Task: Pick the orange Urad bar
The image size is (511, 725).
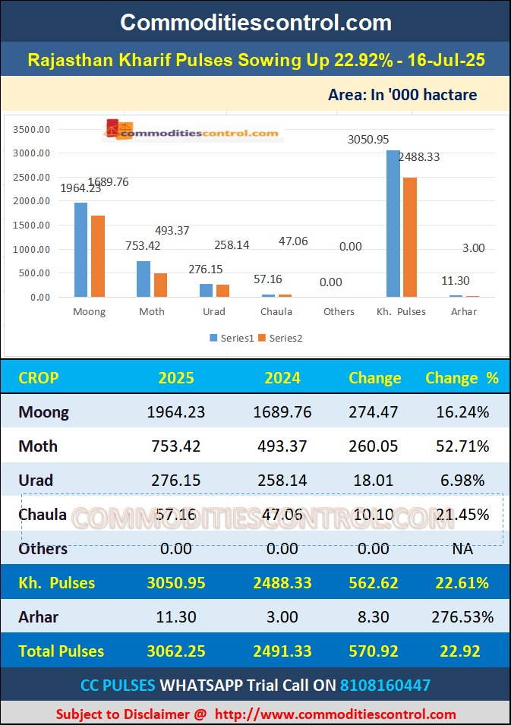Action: [222, 290]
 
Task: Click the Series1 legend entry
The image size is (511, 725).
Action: [232, 338]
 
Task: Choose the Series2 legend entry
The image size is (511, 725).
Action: [280, 338]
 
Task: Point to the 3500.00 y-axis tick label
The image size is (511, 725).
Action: [32, 130]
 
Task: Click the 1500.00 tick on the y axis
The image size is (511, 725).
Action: [32, 225]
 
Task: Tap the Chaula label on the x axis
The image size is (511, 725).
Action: [276, 311]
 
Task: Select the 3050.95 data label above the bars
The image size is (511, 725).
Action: [368, 140]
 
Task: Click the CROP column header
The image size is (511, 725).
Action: [38, 378]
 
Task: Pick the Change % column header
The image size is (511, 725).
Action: [462, 378]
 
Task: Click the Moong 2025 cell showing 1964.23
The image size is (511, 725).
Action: [176, 412]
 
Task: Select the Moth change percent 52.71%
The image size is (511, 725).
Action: [462, 446]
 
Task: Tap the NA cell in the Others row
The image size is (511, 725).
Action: [462, 548]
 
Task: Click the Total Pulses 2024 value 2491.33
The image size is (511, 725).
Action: [282, 651]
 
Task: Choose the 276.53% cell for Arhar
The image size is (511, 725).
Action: [462, 617]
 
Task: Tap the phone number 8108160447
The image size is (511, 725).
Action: [385, 685]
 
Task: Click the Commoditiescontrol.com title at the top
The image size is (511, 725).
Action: [256, 22]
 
